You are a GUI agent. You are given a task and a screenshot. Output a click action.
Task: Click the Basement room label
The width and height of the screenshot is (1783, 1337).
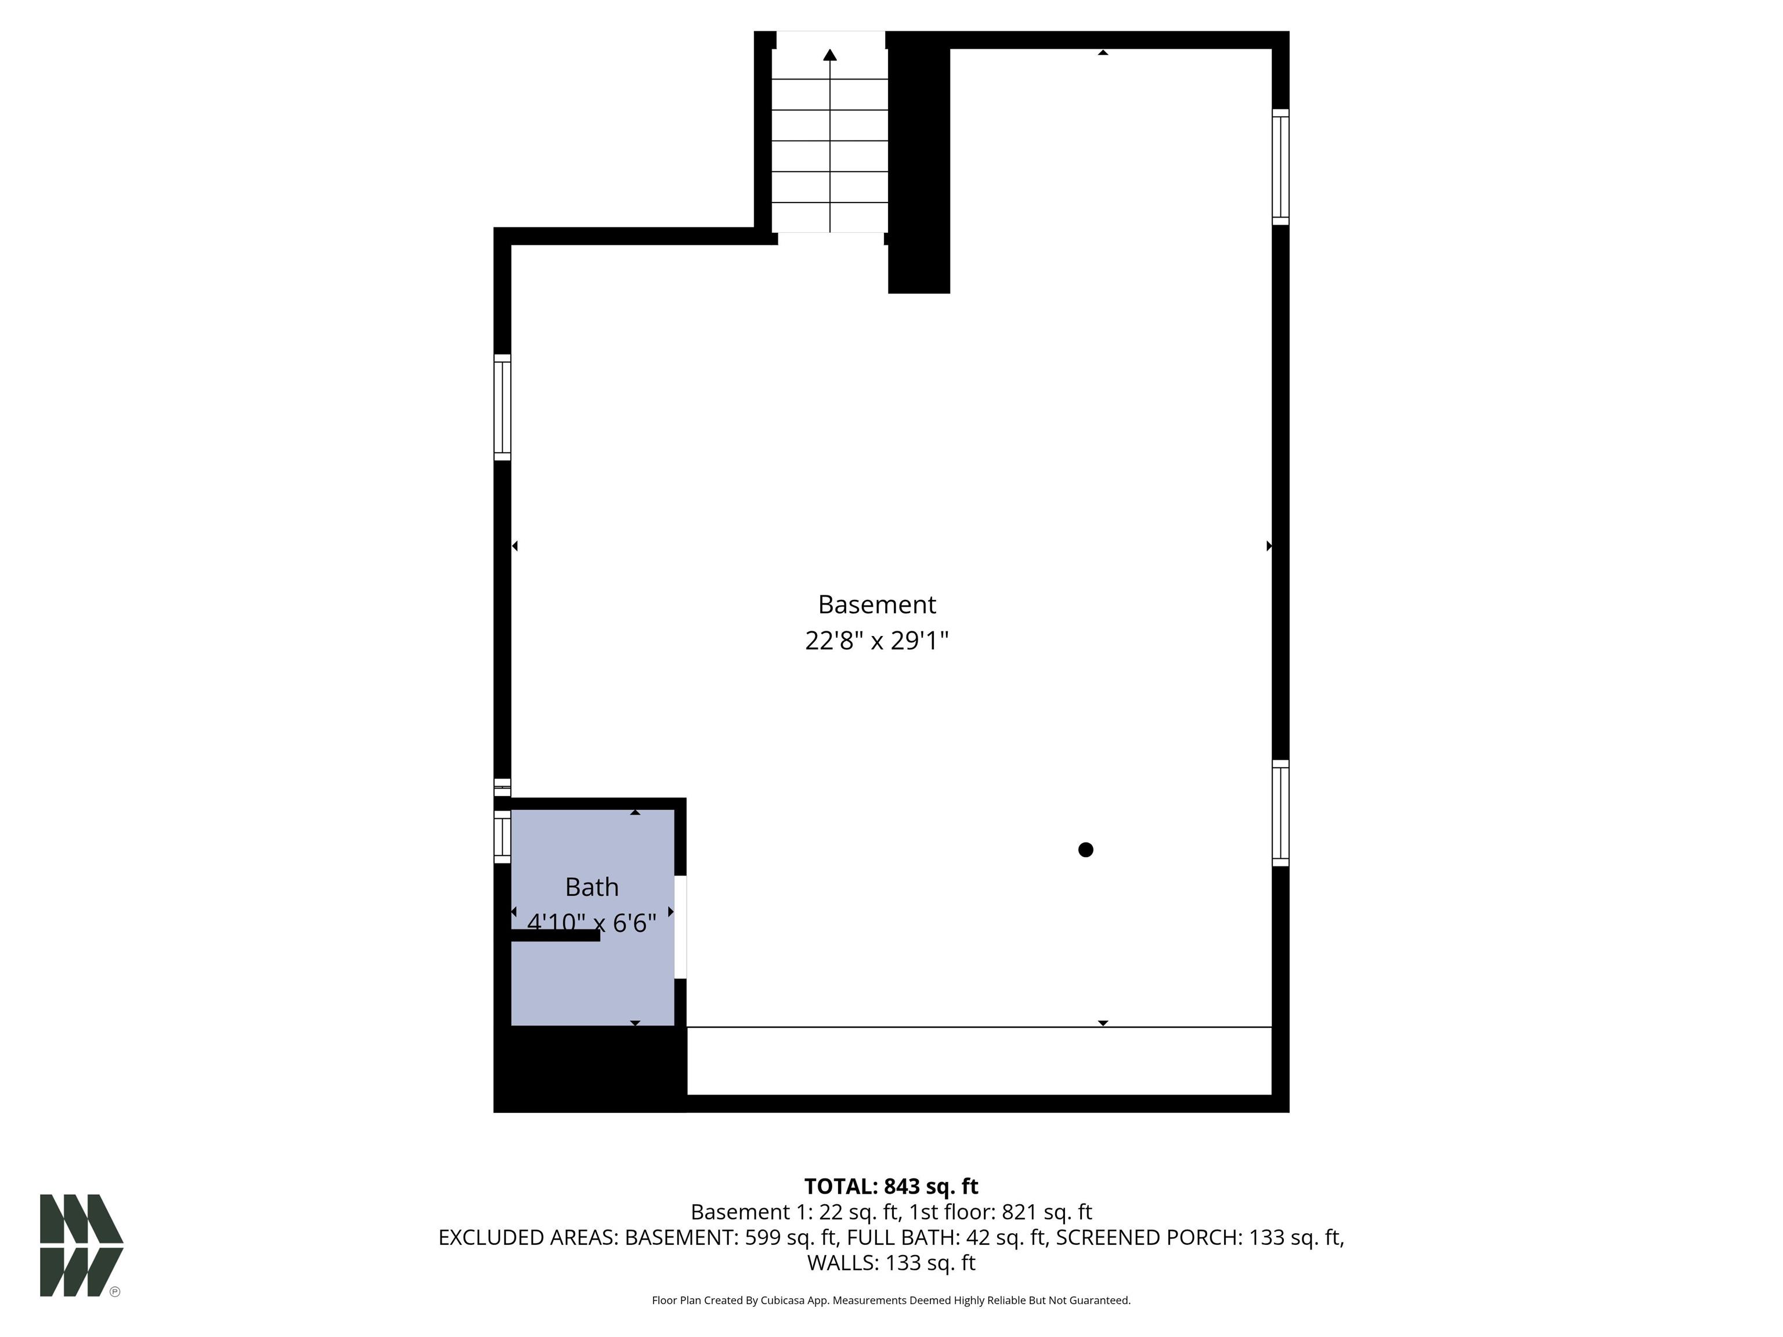tap(876, 605)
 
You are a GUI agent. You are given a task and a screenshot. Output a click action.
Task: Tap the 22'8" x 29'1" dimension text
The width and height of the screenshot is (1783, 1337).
tap(876, 641)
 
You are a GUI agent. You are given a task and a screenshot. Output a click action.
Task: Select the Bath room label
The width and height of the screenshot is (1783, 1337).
tap(591, 887)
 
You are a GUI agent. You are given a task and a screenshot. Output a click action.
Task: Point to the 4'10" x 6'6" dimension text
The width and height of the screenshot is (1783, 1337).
tap(591, 923)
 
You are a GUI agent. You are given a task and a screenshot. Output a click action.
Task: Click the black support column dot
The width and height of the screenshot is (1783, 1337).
tap(1086, 850)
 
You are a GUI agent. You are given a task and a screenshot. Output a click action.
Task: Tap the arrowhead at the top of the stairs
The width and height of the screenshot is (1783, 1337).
tap(830, 55)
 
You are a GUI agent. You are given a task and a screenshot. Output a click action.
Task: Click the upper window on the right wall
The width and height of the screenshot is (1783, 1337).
tap(1281, 167)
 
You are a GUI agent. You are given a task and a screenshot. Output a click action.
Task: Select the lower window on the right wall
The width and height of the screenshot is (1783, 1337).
tap(1281, 813)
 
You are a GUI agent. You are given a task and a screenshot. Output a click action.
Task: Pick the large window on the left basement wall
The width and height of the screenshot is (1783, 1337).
tap(502, 407)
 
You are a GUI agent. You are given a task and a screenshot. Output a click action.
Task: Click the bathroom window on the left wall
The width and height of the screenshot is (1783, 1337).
tap(502, 837)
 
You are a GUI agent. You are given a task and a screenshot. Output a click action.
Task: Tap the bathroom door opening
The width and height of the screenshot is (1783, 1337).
tap(680, 927)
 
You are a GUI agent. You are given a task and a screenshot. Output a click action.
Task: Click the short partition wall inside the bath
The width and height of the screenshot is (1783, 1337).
tap(555, 935)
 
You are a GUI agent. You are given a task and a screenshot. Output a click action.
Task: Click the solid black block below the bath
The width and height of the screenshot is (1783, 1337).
tap(590, 1069)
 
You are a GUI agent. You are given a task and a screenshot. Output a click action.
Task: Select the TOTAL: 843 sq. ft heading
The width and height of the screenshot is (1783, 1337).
tap(891, 1186)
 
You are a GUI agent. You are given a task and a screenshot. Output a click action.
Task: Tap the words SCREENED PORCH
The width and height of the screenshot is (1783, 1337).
tap(1148, 1237)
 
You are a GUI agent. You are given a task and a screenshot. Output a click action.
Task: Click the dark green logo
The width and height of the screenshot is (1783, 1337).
tap(81, 1245)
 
